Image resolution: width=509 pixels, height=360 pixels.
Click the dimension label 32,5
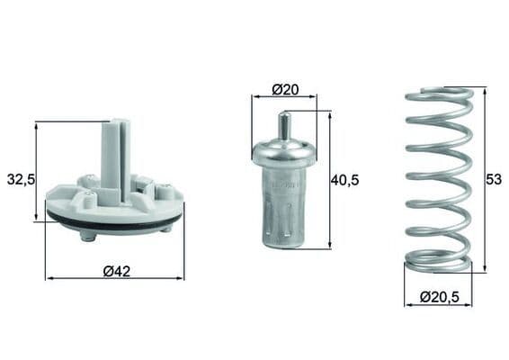[21, 179]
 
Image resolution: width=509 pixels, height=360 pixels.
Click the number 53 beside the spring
[494, 179]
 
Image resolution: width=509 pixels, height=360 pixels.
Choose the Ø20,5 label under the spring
[438, 297]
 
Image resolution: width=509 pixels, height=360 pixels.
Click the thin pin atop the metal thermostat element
[284, 125]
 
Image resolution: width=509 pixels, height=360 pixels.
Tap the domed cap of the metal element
[284, 152]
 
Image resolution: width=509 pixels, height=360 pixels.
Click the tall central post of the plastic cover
[112, 157]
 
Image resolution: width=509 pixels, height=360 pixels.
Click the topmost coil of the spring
[438, 94]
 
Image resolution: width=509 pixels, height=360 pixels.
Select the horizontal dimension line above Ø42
[114, 279]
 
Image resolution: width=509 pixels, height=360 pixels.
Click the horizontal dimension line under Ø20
[284, 98]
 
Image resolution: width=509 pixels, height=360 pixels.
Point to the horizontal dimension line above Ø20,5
[438, 305]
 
